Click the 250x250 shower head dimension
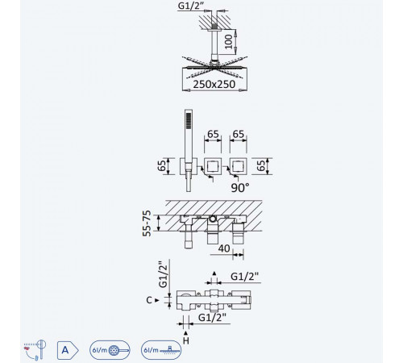coord(214,84)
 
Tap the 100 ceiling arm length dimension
coord(228,42)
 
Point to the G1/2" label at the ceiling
coord(189,6)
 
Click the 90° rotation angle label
coord(240,188)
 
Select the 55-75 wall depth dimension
coord(147,223)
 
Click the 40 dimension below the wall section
coord(224,248)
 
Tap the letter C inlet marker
coord(149,300)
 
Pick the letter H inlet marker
coord(186,340)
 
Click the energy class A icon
coord(68,350)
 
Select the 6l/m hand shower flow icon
coord(110,350)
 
